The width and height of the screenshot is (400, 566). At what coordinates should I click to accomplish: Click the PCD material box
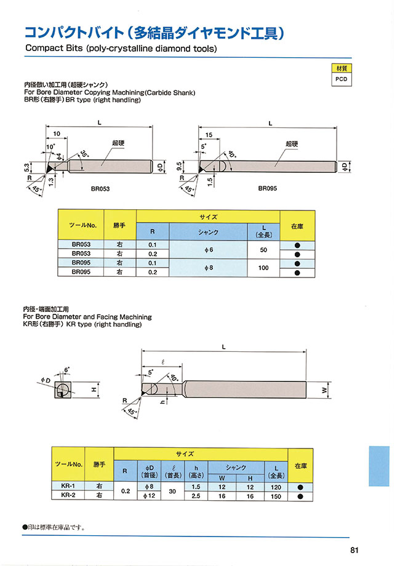[341, 79]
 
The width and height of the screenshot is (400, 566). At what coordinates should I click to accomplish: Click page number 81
[354, 550]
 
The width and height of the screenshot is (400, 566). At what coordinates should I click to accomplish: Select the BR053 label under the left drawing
[100, 188]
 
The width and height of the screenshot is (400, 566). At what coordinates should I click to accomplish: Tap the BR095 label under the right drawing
[268, 188]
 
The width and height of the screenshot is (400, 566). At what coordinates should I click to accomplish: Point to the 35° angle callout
[84, 154]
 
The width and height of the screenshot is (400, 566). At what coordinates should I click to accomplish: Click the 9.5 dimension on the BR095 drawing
[178, 166]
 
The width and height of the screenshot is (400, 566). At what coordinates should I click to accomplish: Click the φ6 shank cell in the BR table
[208, 249]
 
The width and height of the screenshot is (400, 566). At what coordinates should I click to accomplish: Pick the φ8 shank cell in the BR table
[208, 268]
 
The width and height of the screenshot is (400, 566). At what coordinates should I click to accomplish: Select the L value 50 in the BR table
[263, 249]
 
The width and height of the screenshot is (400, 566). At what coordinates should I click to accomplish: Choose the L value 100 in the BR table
[263, 268]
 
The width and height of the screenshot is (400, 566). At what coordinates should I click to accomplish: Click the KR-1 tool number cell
[68, 486]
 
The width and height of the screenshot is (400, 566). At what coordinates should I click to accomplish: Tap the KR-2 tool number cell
[68, 495]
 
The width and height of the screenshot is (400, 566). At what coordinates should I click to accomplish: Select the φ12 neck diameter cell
[149, 496]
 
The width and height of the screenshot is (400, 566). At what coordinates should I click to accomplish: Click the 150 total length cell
[276, 496]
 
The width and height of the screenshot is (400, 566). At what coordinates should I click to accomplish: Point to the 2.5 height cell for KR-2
[196, 496]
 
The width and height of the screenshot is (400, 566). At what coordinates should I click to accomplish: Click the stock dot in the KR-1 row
[300, 487]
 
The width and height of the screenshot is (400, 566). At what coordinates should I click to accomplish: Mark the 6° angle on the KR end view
[66, 370]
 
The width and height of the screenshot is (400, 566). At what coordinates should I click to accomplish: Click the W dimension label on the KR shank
[324, 390]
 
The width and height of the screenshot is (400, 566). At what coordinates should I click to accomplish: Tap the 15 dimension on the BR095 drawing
[209, 135]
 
